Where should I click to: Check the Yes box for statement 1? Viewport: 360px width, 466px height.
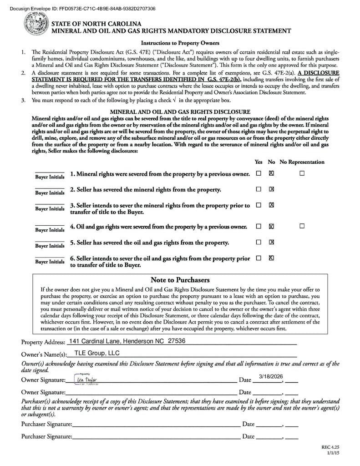point(259,173)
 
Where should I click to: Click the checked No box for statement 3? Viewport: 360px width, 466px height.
point(271,205)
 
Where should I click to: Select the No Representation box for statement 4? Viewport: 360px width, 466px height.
point(302,226)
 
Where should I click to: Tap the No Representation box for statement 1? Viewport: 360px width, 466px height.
point(302,173)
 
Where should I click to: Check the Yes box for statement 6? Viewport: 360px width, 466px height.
point(259,258)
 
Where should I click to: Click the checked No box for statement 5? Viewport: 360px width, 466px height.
point(271,242)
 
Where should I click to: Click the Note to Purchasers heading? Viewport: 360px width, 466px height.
point(180,280)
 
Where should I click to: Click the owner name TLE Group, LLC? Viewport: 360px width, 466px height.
point(97,353)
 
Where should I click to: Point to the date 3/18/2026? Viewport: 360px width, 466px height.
point(271,376)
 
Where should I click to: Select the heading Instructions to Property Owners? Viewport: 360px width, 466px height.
point(180,43)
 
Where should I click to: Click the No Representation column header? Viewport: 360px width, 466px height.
point(302,162)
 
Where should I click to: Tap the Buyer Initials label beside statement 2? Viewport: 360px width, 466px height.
point(50,192)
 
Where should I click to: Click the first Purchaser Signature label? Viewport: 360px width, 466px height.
point(46,424)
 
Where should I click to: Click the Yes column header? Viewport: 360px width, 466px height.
point(259,162)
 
